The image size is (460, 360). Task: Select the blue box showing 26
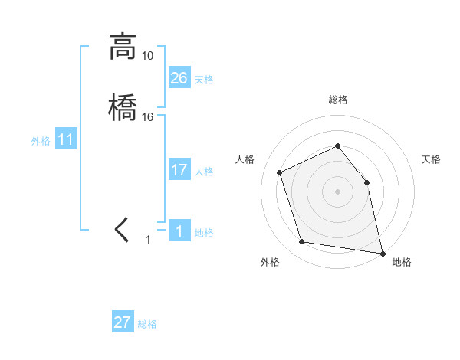click(x=179, y=77)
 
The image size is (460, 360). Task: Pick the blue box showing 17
click(x=179, y=170)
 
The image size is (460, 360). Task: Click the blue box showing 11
click(x=66, y=140)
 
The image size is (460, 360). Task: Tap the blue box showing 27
click(x=123, y=322)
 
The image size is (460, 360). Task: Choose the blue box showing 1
click(x=179, y=231)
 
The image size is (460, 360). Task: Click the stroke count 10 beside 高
click(x=147, y=56)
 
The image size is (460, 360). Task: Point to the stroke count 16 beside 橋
click(x=147, y=117)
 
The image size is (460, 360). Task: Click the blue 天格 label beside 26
click(x=204, y=79)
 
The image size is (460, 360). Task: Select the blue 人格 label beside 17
click(x=204, y=172)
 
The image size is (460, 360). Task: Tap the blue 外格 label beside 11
click(x=40, y=142)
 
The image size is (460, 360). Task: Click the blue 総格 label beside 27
click(x=147, y=324)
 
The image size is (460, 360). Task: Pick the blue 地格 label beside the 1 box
click(x=204, y=233)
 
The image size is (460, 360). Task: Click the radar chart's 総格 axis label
click(x=337, y=100)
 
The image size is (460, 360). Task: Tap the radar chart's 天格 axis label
click(x=431, y=159)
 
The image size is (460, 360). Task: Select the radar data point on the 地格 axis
click(x=381, y=252)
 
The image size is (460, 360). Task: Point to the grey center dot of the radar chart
click(x=337, y=191)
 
